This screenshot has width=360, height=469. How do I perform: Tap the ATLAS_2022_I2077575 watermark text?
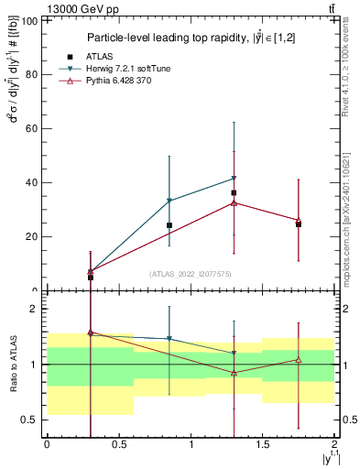coord(191,274)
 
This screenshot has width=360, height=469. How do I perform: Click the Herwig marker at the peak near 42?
coord(235,178)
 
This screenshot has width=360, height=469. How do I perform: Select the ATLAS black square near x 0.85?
coord(169,225)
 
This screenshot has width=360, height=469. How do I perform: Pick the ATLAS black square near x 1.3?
coord(235,193)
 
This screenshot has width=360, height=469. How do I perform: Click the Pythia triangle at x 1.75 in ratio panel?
coord(299,359)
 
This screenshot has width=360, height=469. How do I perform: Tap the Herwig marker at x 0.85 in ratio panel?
coord(169,339)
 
